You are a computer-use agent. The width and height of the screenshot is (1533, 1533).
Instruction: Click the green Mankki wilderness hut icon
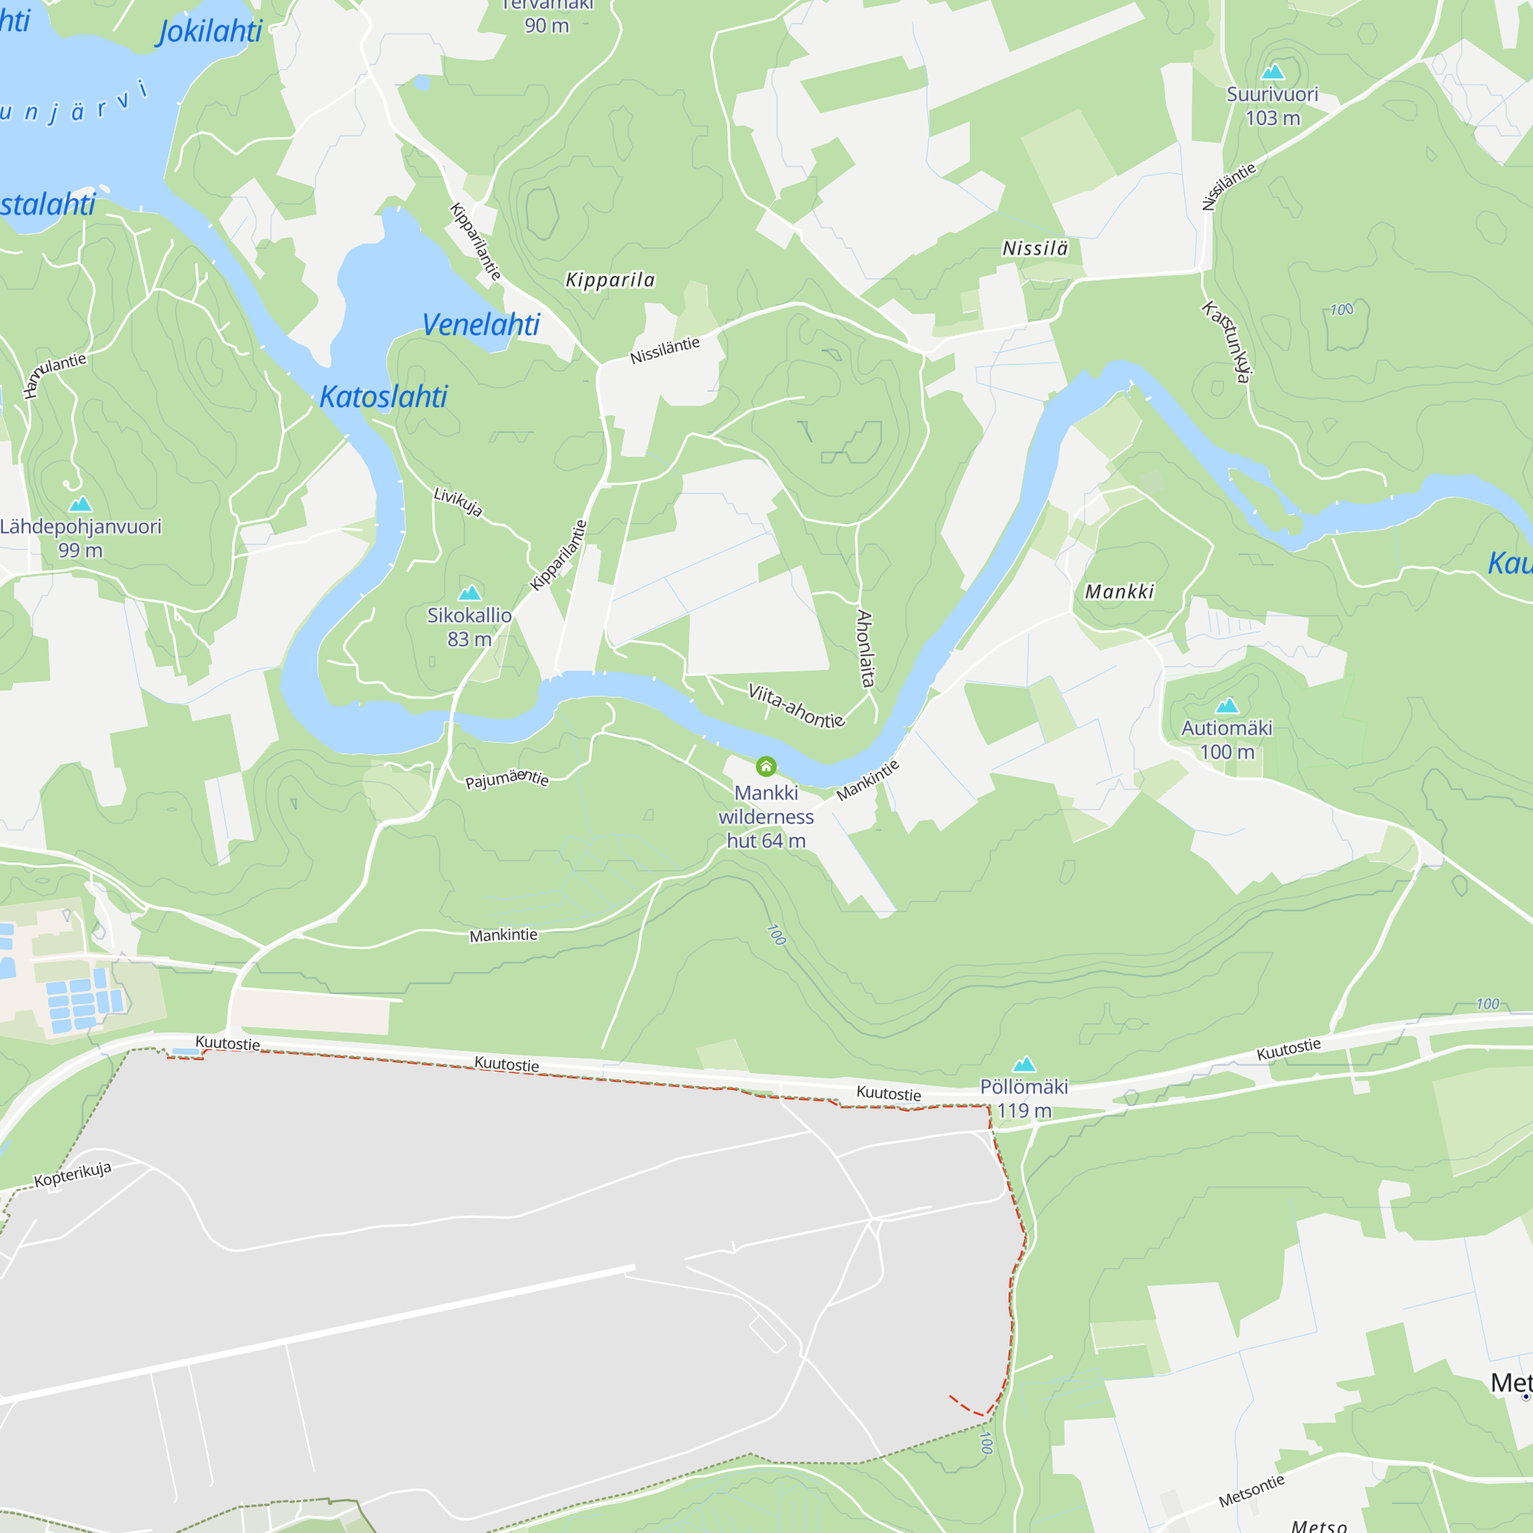(x=766, y=766)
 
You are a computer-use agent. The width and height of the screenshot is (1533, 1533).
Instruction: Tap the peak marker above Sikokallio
(x=470, y=593)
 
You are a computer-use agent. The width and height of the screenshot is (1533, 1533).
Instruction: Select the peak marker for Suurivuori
(x=1272, y=72)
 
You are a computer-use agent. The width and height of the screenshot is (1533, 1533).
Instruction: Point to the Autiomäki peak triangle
(x=1226, y=705)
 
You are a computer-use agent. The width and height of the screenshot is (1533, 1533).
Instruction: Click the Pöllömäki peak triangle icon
(x=1024, y=1064)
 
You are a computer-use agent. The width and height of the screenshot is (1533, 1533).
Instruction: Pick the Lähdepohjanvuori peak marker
(x=80, y=504)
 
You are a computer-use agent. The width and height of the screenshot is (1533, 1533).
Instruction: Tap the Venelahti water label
(x=480, y=324)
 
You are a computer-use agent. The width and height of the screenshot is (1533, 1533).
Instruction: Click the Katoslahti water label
(x=383, y=397)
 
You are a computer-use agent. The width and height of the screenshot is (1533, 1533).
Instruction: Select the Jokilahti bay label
(x=210, y=31)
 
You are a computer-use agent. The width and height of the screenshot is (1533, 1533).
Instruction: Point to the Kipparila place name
(x=610, y=280)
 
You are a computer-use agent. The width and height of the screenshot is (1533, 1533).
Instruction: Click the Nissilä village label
(x=1035, y=249)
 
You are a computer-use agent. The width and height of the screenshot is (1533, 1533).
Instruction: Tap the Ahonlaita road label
(x=865, y=648)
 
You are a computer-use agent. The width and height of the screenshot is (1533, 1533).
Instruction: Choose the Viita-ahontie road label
(x=796, y=705)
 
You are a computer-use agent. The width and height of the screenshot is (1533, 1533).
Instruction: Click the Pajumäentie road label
(x=507, y=780)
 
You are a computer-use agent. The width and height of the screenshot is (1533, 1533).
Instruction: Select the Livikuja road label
(x=458, y=501)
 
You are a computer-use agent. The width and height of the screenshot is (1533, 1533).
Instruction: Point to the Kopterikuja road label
(x=73, y=1174)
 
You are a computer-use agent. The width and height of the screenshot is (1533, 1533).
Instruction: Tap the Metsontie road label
(x=1252, y=1491)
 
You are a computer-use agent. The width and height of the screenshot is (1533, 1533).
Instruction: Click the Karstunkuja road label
(x=1227, y=341)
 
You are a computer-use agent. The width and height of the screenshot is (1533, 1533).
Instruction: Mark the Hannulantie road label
(x=54, y=374)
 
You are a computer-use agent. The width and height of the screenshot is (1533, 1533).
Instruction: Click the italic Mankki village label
(x=1119, y=592)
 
